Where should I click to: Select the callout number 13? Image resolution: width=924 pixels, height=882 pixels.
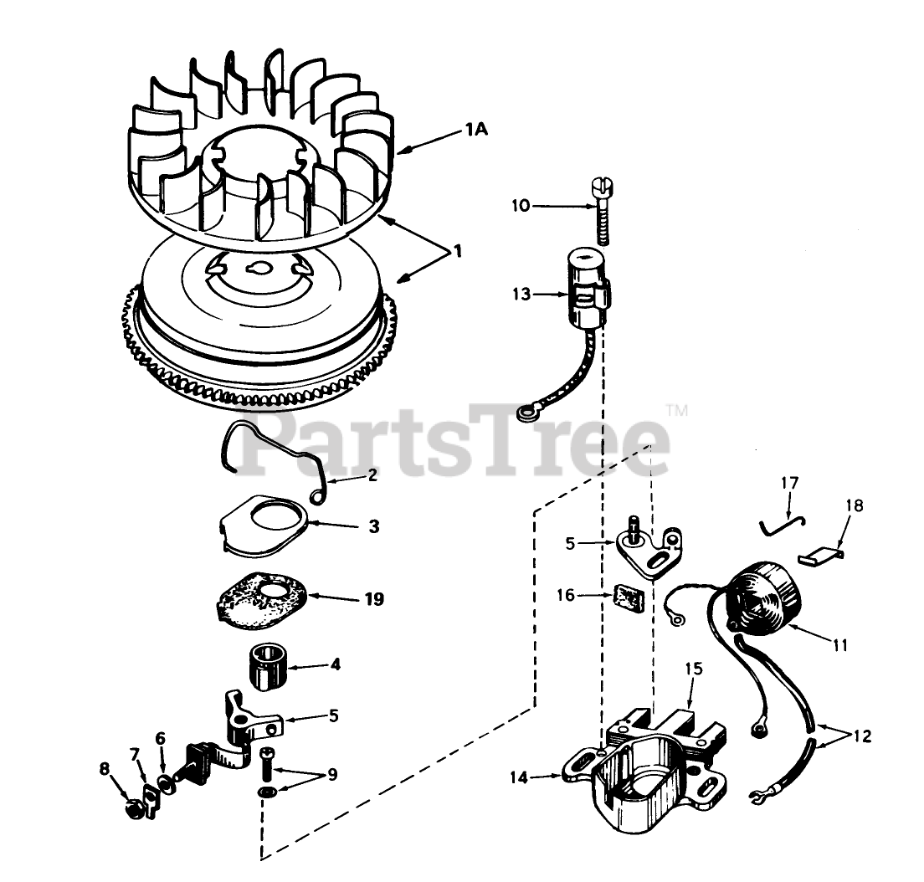(522, 294)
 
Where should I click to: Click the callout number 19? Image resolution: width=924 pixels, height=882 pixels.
(373, 599)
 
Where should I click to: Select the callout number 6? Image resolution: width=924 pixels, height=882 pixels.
(160, 738)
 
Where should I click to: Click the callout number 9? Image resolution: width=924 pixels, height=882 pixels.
(331, 775)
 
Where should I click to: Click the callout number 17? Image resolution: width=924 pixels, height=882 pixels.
(790, 483)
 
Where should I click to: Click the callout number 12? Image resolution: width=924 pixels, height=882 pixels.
(863, 736)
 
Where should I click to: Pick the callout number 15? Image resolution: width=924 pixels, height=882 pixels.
(694, 669)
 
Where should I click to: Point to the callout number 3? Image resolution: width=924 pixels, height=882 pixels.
(373, 527)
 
